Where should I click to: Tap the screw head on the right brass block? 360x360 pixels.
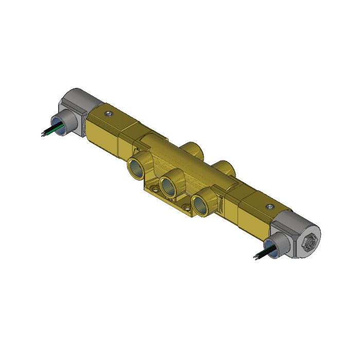268,206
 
